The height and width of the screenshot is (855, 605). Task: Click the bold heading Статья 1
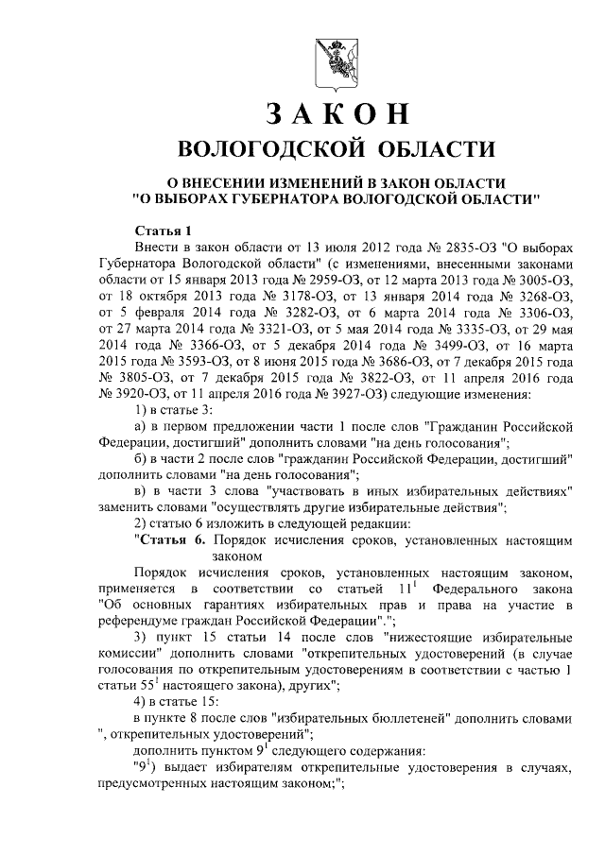(164, 231)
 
